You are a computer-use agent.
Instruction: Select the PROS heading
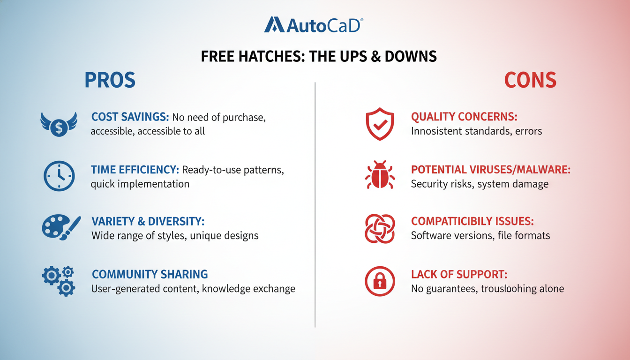[110, 81]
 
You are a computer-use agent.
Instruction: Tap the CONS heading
[530, 81]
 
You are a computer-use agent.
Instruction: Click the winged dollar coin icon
[59, 124]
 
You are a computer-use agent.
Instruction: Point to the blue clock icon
[59, 176]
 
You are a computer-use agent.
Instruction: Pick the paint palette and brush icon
[60, 228]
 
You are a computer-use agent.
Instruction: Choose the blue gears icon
[59, 280]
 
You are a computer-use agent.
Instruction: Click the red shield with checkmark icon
[380, 124]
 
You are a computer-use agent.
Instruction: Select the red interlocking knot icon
[380, 228]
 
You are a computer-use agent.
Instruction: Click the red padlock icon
[380, 281]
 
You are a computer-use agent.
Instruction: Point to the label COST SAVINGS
[130, 117]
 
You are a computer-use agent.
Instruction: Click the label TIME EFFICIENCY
[135, 170]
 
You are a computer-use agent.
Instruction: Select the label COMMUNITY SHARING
[150, 274]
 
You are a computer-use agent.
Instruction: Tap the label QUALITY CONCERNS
[464, 117]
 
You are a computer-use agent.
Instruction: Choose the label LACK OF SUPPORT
[459, 274]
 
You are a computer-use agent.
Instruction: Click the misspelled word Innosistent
[440, 131]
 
